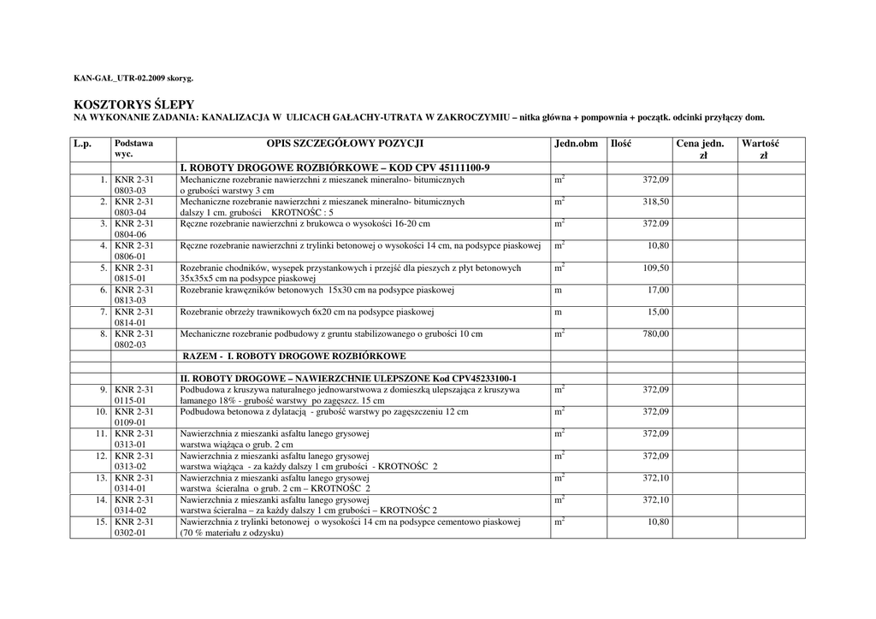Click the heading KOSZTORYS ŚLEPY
click(134, 103)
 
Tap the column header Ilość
click(621, 144)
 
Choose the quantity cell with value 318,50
click(656, 202)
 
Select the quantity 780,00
click(656, 334)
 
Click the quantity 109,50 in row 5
click(656, 268)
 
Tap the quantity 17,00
click(658, 290)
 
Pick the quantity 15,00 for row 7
click(658, 312)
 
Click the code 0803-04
click(131, 212)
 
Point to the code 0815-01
click(131, 279)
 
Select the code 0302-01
click(131, 533)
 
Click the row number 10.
click(101, 412)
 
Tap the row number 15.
click(101, 522)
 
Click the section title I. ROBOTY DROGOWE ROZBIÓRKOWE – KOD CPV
click(334, 168)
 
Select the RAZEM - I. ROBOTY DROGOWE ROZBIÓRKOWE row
click(294, 356)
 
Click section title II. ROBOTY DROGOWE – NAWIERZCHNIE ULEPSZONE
click(348, 378)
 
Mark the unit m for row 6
click(558, 290)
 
